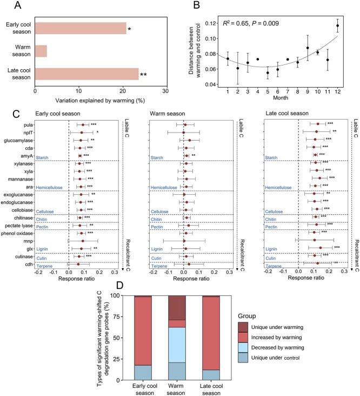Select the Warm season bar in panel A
[41, 51]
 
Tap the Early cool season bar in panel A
[81, 28]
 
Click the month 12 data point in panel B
[338, 25]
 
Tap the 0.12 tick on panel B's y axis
[210, 24]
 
